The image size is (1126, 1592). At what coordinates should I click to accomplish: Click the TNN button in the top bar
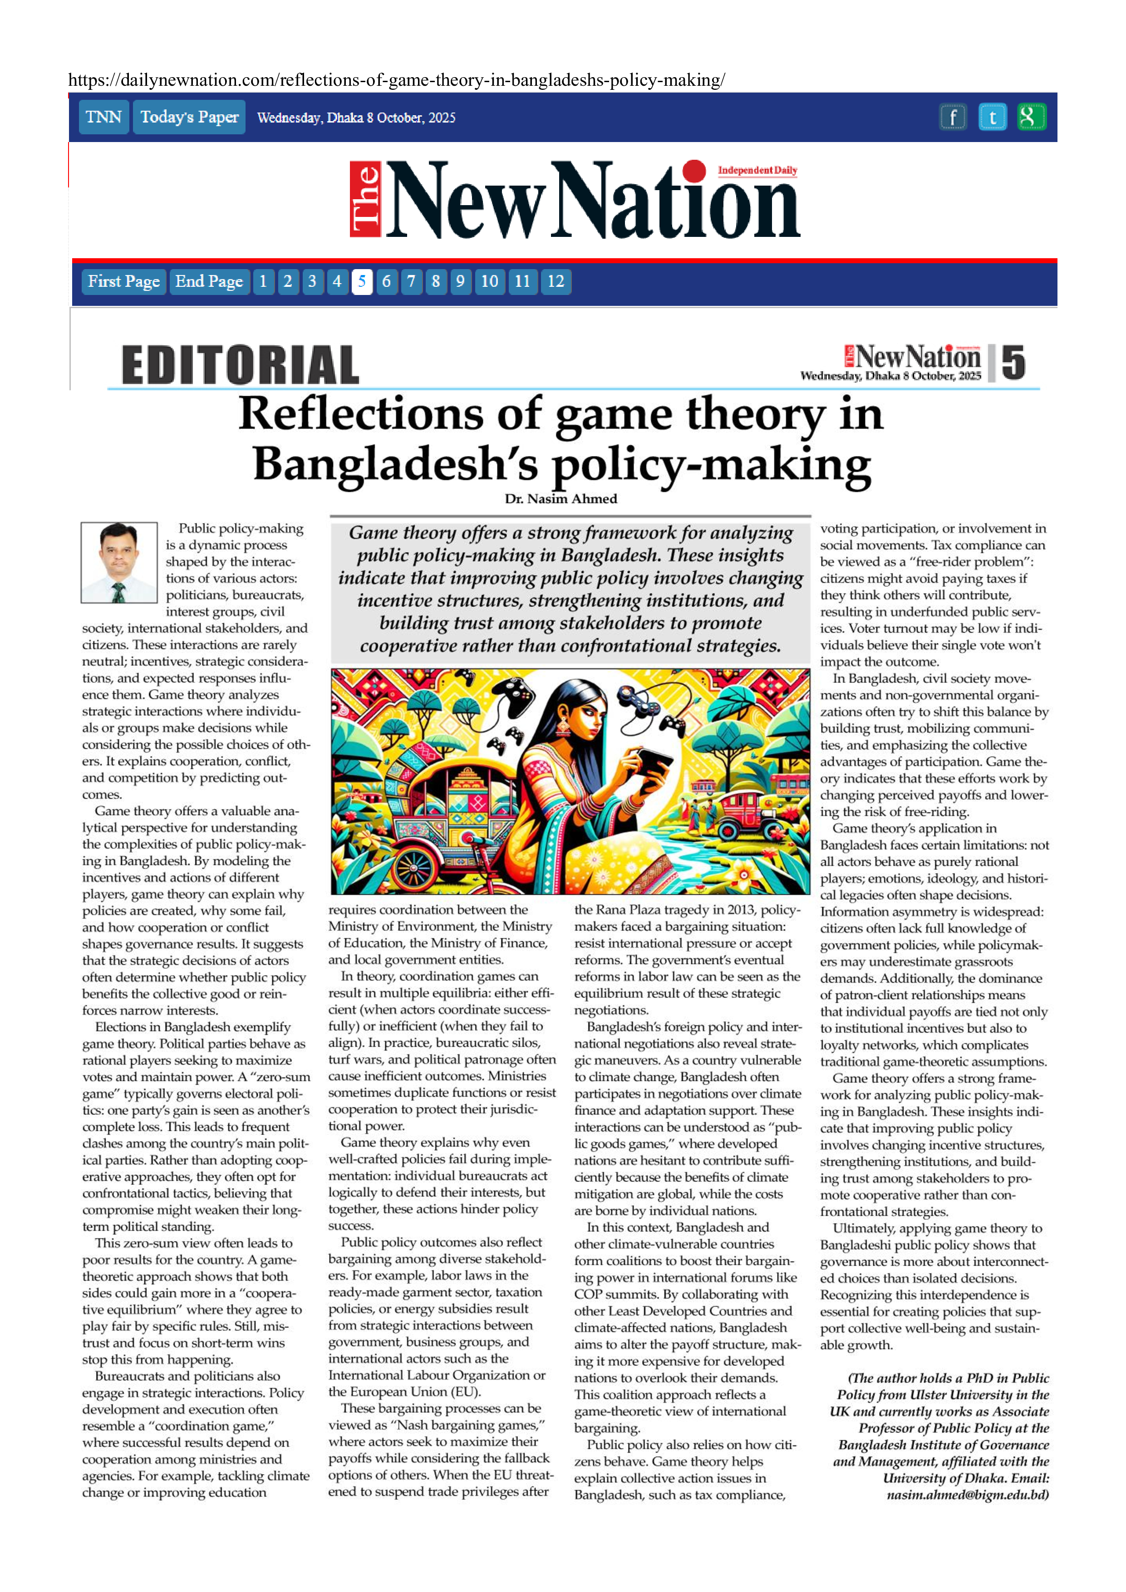tap(103, 117)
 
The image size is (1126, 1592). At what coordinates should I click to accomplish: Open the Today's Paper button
tap(189, 117)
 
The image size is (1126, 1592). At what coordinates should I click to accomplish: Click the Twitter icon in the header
tap(992, 117)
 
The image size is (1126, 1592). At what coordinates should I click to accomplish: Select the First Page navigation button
tap(123, 281)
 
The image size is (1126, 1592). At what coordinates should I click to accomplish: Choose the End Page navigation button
tap(209, 281)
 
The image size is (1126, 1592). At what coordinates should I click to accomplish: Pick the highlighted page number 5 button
tap(361, 281)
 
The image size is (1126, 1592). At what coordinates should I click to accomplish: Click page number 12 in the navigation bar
tap(556, 281)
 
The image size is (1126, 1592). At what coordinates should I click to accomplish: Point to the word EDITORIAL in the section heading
tap(240, 365)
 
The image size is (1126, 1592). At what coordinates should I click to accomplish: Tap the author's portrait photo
tap(118, 562)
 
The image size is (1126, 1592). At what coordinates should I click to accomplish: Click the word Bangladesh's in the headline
tap(395, 465)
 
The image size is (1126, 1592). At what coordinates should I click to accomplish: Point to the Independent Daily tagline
tap(757, 171)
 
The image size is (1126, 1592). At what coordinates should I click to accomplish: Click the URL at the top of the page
tap(397, 80)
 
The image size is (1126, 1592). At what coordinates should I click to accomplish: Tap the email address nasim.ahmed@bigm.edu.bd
tap(967, 1495)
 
